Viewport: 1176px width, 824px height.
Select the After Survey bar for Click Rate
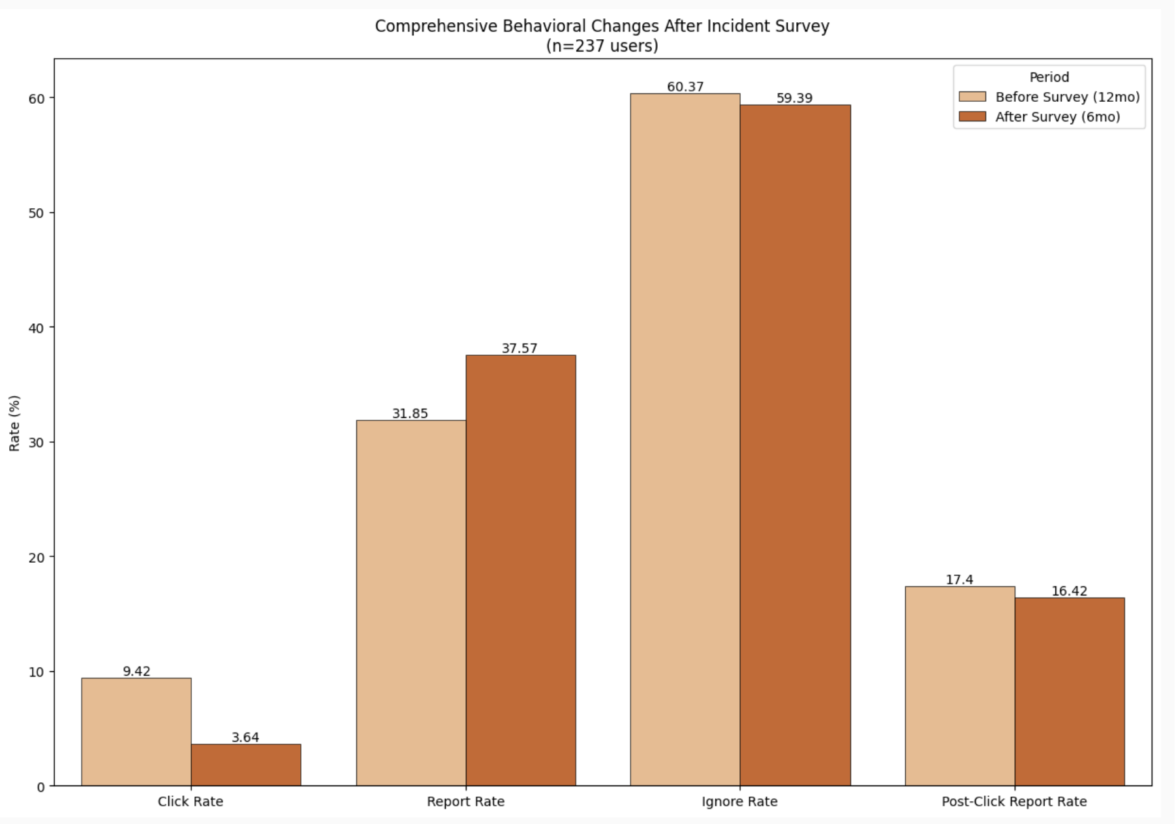click(246, 765)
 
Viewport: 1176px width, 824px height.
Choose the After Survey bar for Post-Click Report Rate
click(1070, 691)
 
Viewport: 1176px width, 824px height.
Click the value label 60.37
click(685, 87)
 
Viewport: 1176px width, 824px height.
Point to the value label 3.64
click(245, 737)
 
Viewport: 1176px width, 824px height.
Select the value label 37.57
click(519, 348)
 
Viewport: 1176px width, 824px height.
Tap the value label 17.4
click(959, 580)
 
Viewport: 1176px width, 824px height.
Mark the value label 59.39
click(794, 98)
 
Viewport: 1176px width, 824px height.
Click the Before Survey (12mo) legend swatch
click(972, 97)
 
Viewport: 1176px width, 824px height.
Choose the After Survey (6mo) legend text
click(1057, 117)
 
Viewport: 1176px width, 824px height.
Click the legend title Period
click(1049, 77)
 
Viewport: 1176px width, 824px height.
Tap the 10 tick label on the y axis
click(37, 672)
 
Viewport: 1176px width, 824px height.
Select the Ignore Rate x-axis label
click(739, 801)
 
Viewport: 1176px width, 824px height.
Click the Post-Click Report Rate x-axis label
click(1014, 801)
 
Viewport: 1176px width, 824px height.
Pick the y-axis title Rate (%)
click(14, 422)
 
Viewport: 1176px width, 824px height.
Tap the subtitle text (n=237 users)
click(602, 46)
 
